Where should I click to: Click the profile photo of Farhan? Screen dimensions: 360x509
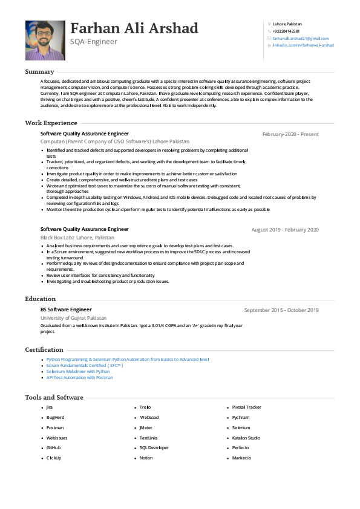point(45,40)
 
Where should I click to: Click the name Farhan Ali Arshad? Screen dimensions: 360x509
point(134,28)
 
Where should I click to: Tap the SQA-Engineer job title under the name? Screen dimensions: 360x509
point(94,42)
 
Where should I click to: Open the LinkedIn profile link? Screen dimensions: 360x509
point(303,45)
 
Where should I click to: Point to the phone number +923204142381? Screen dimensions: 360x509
point(286,31)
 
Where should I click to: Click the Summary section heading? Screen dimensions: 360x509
point(39,72)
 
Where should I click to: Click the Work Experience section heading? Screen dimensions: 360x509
point(51,123)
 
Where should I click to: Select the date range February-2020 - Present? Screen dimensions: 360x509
point(290,134)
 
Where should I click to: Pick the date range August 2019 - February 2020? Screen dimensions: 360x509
point(285,230)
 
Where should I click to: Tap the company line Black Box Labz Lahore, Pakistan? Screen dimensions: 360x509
point(77,238)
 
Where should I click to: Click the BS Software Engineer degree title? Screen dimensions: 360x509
point(66,310)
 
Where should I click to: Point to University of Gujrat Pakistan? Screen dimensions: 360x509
point(73,317)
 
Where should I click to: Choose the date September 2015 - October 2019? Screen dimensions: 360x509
point(281,310)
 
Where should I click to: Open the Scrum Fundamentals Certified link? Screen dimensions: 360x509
point(85,365)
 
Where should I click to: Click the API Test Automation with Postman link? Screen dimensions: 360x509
point(79,377)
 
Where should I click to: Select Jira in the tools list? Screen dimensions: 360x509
point(50,407)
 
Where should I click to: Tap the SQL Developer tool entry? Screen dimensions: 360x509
point(154,448)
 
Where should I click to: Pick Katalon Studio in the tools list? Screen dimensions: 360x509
point(246,438)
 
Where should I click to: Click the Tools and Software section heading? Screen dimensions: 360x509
point(54,397)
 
